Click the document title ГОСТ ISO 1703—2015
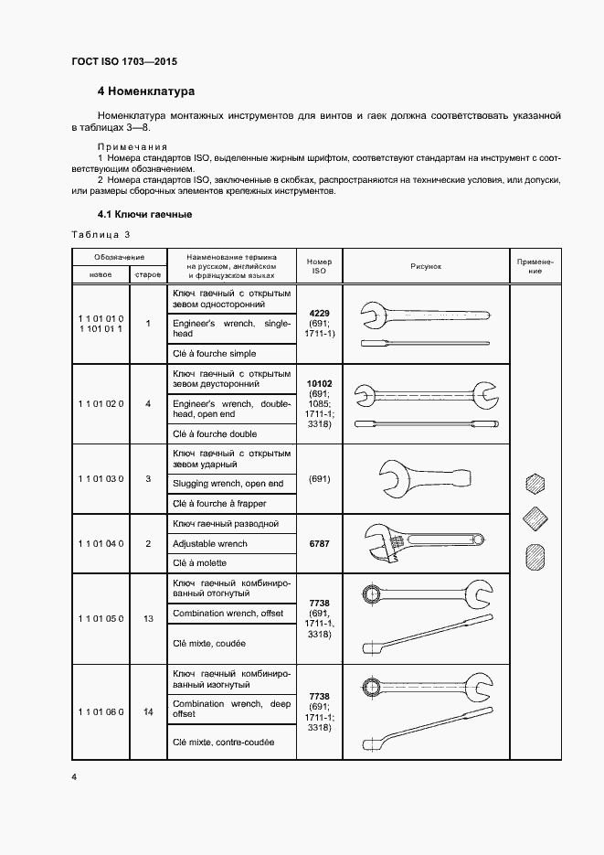[x=124, y=61]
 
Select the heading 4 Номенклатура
[x=146, y=91]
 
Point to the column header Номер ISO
[x=320, y=266]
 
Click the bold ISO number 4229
[x=320, y=313]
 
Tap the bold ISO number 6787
[x=320, y=543]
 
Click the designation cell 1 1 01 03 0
[x=101, y=479]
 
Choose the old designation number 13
[x=148, y=619]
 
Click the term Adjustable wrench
[x=209, y=543]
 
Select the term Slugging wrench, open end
[x=228, y=483]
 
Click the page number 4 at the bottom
[x=74, y=776]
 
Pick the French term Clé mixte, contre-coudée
[x=223, y=742]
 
